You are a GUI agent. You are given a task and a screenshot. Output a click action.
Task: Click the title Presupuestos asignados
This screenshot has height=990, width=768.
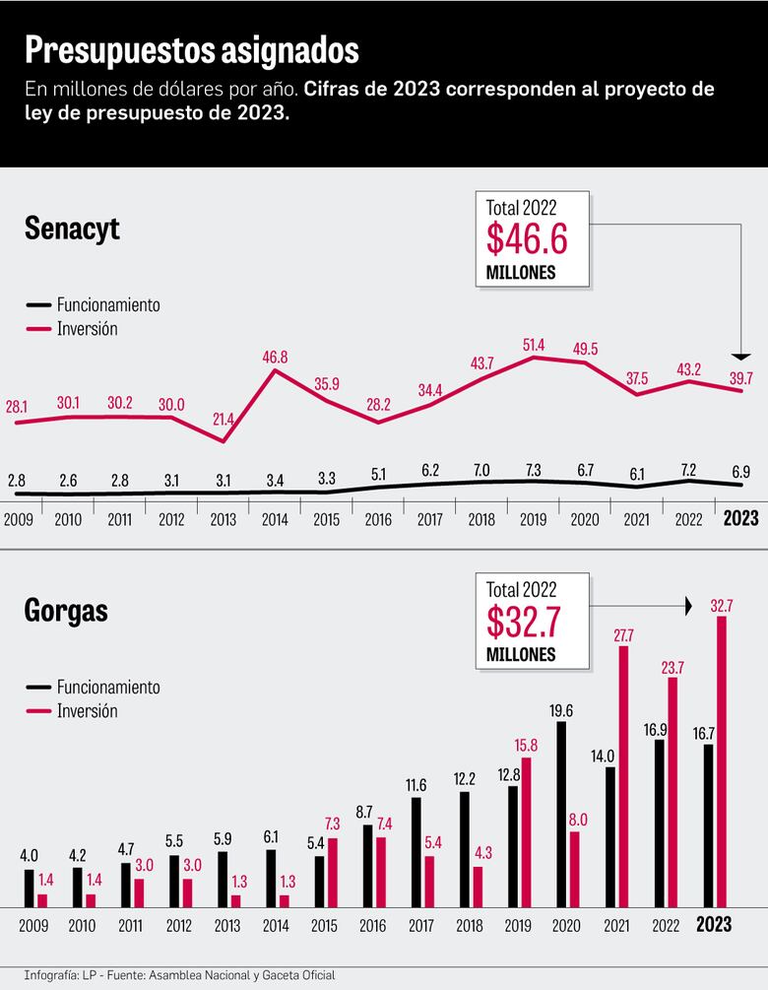191,49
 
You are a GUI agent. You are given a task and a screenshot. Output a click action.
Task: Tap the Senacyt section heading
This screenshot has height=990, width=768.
72,230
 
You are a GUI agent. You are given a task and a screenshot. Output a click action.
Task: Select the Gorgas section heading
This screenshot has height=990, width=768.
66,611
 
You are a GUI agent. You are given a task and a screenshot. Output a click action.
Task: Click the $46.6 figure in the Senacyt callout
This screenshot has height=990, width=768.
528,240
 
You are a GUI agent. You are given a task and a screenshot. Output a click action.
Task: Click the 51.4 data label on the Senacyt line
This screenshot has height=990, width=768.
533,343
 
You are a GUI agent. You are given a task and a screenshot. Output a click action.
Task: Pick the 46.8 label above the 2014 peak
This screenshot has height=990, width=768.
275,357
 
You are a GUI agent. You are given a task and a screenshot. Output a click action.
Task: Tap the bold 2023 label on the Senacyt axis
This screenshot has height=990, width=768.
741,518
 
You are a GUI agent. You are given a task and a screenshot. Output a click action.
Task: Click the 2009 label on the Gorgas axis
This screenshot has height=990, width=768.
34,926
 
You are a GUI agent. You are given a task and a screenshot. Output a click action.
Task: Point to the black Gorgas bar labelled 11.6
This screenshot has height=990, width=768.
416,852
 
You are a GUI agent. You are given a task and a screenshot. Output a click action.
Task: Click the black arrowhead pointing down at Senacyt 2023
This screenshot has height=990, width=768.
742,356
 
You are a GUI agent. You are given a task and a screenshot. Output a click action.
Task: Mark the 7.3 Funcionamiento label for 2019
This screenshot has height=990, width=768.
533,470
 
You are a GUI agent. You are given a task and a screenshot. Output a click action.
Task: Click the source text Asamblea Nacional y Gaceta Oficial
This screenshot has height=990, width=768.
251,975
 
